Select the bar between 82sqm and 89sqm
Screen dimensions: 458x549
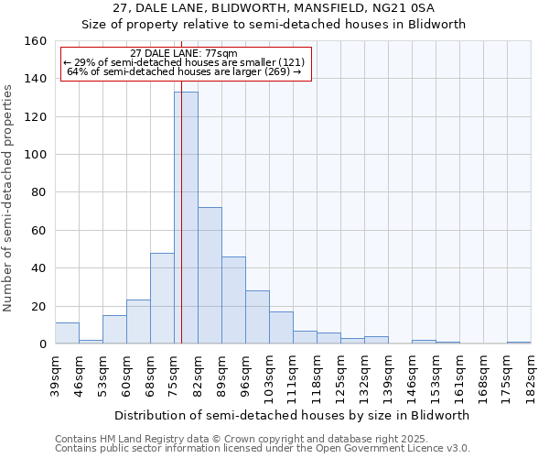(x=210, y=276)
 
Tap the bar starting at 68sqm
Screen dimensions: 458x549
(x=162, y=299)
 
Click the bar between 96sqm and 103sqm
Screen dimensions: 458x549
(x=257, y=317)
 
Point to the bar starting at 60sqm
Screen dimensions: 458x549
(x=138, y=322)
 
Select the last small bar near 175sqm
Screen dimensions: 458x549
(x=519, y=343)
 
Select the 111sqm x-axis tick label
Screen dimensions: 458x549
(x=293, y=375)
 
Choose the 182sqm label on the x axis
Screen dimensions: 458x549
(x=531, y=375)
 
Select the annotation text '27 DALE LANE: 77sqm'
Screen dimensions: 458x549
(x=184, y=53)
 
